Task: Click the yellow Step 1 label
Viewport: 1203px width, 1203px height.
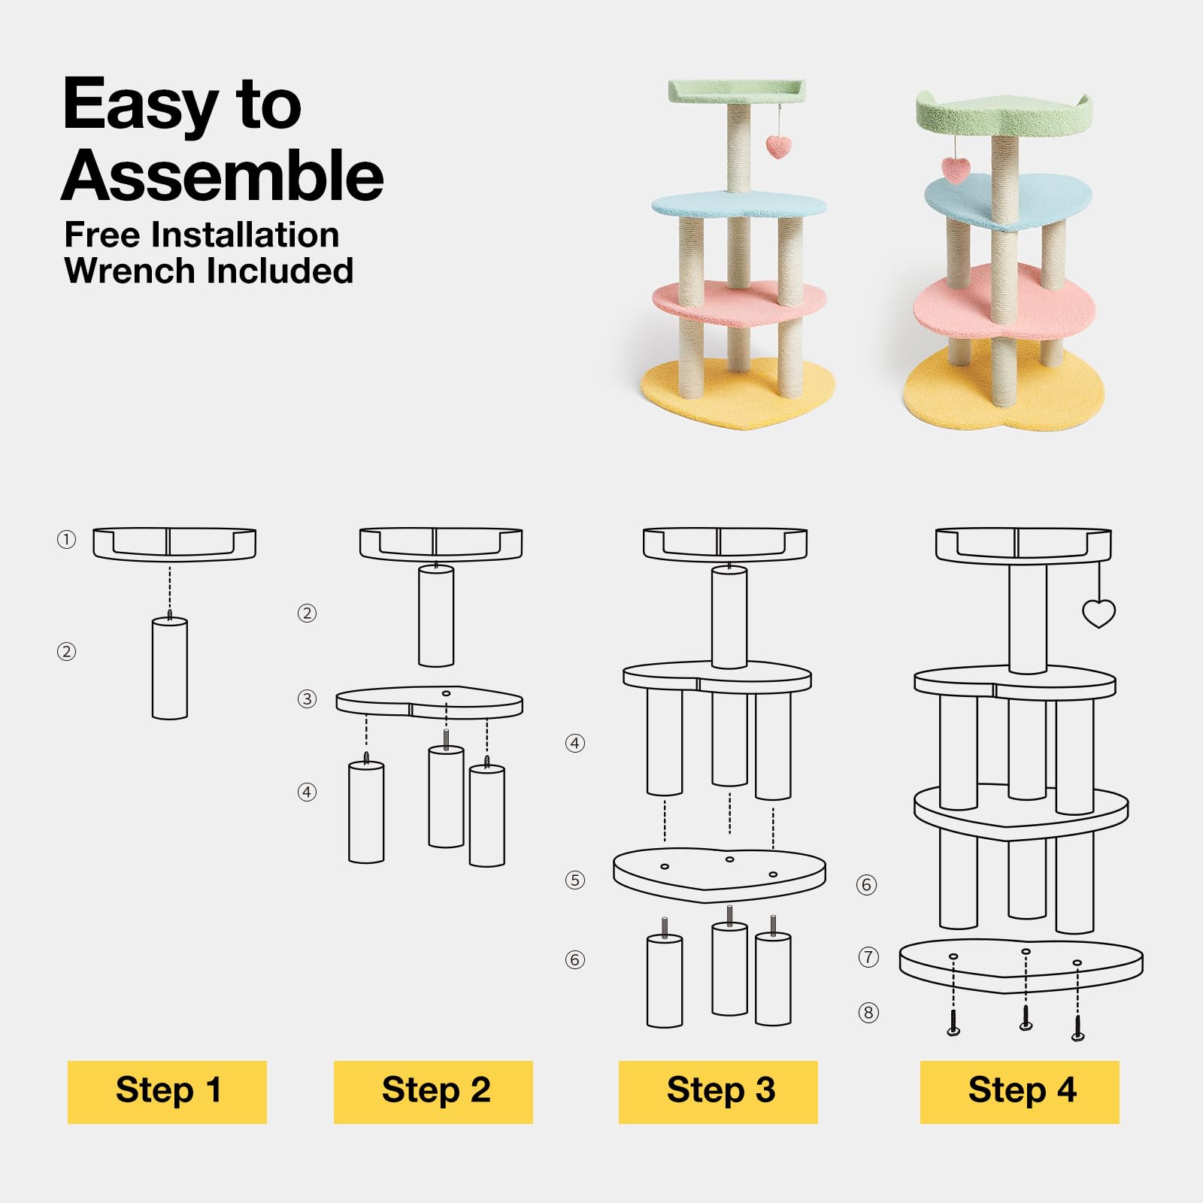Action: click(167, 1092)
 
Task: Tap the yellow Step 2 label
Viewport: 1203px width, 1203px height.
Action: click(433, 1092)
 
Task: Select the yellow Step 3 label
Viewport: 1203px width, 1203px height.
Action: click(718, 1092)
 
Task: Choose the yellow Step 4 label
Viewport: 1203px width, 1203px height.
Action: click(1020, 1092)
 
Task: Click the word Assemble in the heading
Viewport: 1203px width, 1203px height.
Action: click(223, 175)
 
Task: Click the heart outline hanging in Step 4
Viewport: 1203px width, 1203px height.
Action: click(1098, 614)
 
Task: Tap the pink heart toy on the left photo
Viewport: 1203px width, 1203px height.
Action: click(778, 147)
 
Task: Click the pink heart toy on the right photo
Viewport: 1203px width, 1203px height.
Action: click(956, 170)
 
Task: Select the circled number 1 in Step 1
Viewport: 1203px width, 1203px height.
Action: click(66, 539)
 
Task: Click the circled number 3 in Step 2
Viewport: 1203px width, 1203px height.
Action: click(307, 698)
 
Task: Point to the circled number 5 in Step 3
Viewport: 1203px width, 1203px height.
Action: click(575, 880)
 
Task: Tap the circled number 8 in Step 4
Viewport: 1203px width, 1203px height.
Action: click(868, 1013)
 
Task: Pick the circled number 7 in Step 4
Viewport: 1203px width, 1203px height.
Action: click(868, 956)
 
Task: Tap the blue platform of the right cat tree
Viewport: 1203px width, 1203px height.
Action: click(1008, 201)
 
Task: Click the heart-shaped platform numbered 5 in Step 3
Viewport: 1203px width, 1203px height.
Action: click(720, 874)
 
